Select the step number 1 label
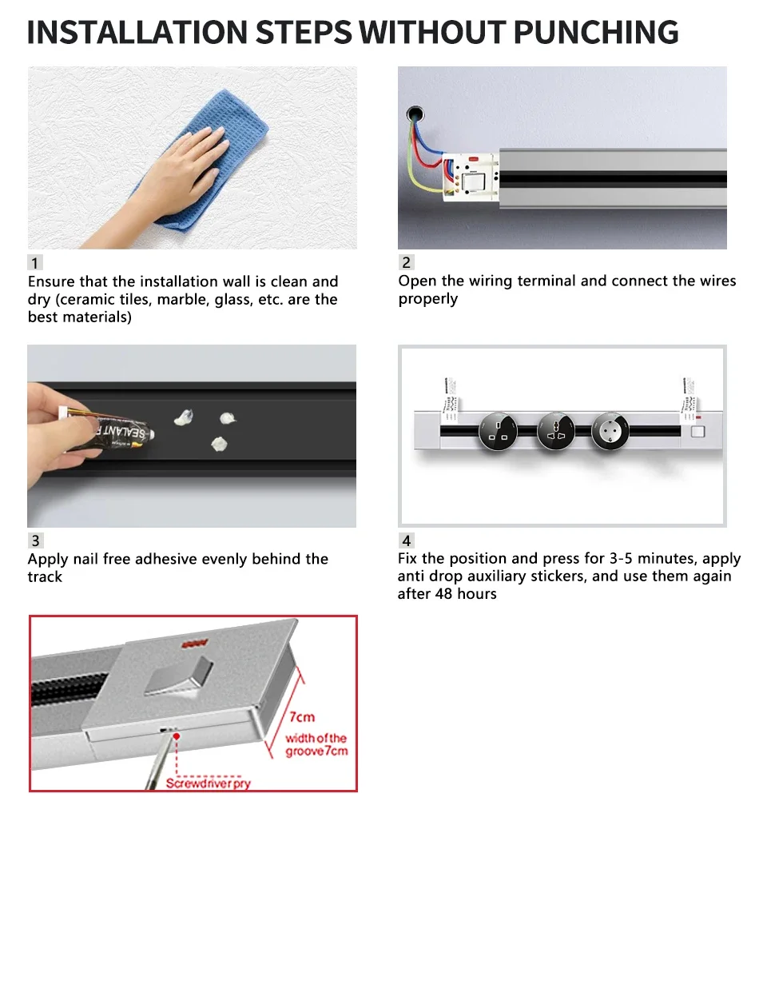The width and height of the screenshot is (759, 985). click(x=35, y=262)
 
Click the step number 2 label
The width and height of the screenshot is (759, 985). click(x=406, y=262)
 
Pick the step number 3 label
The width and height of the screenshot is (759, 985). click(x=35, y=540)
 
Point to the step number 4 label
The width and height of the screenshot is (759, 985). click(x=406, y=540)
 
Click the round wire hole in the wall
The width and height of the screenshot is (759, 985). click(x=415, y=114)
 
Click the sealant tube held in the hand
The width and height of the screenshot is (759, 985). click(x=109, y=432)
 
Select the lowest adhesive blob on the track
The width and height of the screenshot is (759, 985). click(x=219, y=445)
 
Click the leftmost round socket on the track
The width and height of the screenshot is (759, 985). click(x=498, y=431)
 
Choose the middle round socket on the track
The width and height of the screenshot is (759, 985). click(x=555, y=431)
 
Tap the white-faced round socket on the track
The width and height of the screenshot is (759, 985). click(x=610, y=431)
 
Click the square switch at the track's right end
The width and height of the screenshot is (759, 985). click(x=697, y=431)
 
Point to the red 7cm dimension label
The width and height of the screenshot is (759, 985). click(x=302, y=716)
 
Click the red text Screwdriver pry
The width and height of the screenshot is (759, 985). click(x=208, y=784)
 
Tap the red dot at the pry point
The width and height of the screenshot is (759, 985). click(x=177, y=736)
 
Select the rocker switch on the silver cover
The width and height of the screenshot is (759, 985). click(x=178, y=676)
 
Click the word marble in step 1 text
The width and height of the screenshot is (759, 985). click(x=184, y=300)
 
